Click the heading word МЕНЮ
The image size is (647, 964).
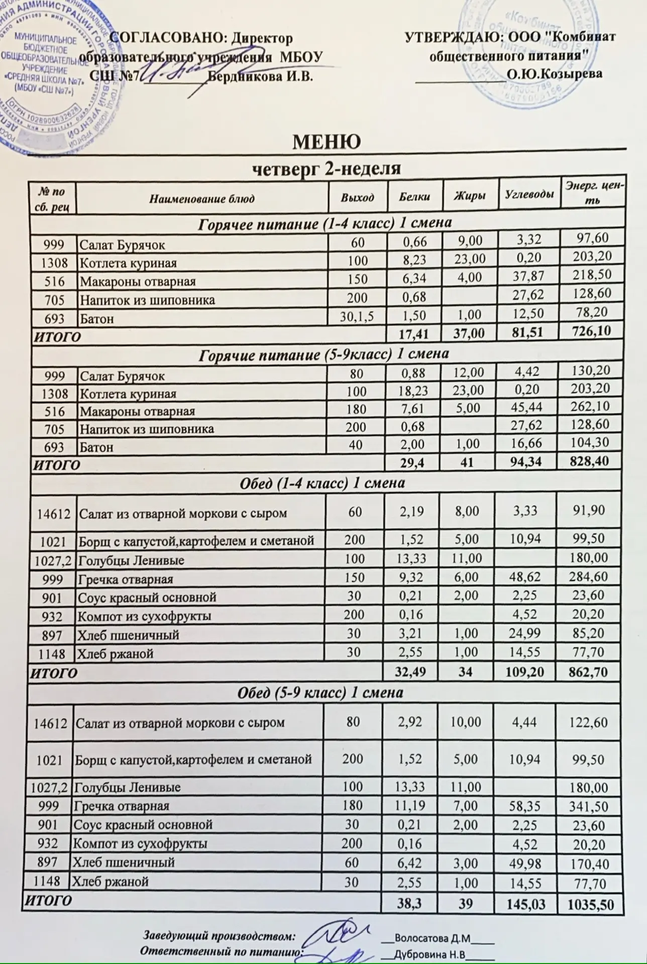pyautogui.click(x=327, y=142)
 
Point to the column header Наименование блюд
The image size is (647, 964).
pyautogui.click(x=202, y=198)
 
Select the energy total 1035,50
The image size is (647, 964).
pyautogui.click(x=590, y=905)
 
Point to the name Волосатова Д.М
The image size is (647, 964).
pyautogui.click(x=432, y=938)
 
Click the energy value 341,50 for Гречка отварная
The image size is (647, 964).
pyautogui.click(x=589, y=807)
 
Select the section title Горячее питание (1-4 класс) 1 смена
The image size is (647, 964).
pyautogui.click(x=325, y=223)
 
